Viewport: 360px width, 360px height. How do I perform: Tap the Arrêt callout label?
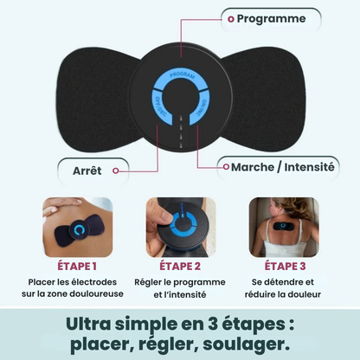[x=87, y=170]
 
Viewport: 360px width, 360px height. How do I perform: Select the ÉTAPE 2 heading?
[x=180, y=267]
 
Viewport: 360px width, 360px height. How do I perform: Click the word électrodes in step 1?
[x=95, y=282]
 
